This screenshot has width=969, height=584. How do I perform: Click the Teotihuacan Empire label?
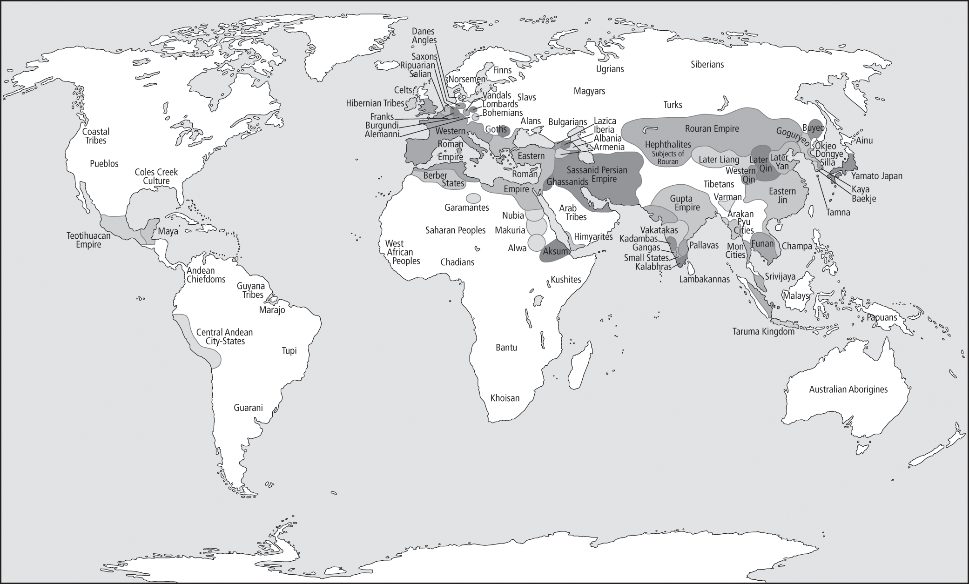pyautogui.click(x=88, y=240)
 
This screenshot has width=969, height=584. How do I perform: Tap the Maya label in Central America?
pyautogui.click(x=168, y=231)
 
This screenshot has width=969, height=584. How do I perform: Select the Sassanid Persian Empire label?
pyautogui.click(x=597, y=175)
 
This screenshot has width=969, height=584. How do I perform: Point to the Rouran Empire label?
pyautogui.click(x=712, y=128)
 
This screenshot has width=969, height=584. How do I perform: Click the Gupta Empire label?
pyautogui.click(x=685, y=203)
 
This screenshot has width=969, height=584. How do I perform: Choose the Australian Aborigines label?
pyautogui.click(x=848, y=389)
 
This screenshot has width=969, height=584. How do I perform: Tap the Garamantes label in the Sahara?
pyautogui.click(x=466, y=208)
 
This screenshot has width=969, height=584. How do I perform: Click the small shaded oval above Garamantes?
pyautogui.click(x=473, y=198)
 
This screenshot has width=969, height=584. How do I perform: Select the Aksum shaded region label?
pyautogui.click(x=556, y=251)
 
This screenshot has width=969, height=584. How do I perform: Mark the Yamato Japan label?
pyautogui.click(x=876, y=176)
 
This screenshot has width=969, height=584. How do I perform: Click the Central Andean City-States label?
pyautogui.click(x=225, y=336)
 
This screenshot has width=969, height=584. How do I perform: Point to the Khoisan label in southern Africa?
pyautogui.click(x=505, y=398)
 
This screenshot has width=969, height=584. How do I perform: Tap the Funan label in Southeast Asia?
pyautogui.click(x=762, y=243)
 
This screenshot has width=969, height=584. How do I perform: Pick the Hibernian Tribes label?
pyautogui.click(x=375, y=103)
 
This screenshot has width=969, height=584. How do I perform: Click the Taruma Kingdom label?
pyautogui.click(x=763, y=331)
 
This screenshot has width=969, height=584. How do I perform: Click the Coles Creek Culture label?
pyautogui.click(x=156, y=176)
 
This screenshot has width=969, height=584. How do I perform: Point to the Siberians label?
pyautogui.click(x=707, y=64)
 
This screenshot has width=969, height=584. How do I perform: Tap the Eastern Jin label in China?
pyautogui.click(x=782, y=195)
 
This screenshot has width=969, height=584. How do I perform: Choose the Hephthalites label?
pyautogui.click(x=668, y=145)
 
